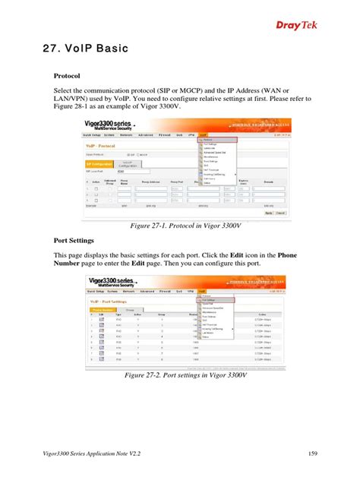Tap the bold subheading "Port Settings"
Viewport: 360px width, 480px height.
tap(75, 239)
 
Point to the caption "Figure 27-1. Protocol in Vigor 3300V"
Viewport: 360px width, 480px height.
tap(186, 226)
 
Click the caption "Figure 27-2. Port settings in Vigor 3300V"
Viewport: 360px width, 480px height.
tap(186, 375)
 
